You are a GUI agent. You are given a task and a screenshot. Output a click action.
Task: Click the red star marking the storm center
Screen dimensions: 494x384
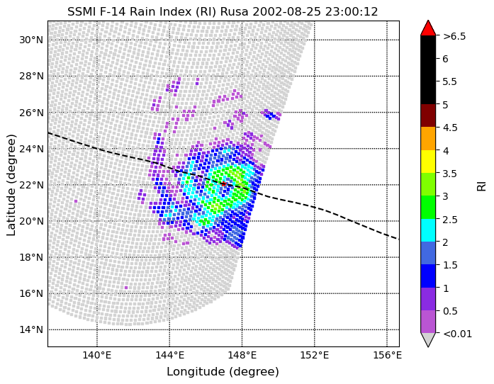pos(223,183)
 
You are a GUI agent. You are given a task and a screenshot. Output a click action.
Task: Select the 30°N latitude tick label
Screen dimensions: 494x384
pos(31,40)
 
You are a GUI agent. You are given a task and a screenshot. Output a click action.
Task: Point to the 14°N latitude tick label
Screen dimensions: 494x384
pos(31,329)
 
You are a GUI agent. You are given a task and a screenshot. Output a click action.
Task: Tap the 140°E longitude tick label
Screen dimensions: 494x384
pos(97,356)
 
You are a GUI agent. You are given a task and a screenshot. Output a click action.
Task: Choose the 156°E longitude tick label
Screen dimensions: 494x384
pos(387,356)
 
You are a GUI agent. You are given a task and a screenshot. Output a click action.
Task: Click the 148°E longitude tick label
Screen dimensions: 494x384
pos(242,356)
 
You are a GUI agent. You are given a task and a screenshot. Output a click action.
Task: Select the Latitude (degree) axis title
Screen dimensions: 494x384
pos(11,185)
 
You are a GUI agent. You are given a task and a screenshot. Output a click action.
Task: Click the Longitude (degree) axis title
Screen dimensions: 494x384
pos(223,372)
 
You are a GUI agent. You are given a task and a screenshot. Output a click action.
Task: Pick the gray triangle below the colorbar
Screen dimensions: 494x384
pos(428,339)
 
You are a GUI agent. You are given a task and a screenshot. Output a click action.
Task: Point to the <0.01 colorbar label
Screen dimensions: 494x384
pos(457,334)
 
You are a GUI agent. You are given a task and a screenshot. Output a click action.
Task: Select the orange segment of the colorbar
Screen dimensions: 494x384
pos(428,139)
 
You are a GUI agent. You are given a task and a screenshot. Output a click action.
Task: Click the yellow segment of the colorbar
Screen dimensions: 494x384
pos(428,162)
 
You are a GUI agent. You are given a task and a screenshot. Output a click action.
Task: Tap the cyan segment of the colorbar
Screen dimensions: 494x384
pos(428,230)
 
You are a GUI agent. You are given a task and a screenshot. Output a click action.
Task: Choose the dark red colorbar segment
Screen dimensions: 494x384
pos(428,115)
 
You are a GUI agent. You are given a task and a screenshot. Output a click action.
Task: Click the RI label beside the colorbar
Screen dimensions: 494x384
pos(482,185)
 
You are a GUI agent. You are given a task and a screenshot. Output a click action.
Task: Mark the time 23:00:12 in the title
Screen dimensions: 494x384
pos(350,11)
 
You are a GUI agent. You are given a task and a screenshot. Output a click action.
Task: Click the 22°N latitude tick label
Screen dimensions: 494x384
pos(31,185)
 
